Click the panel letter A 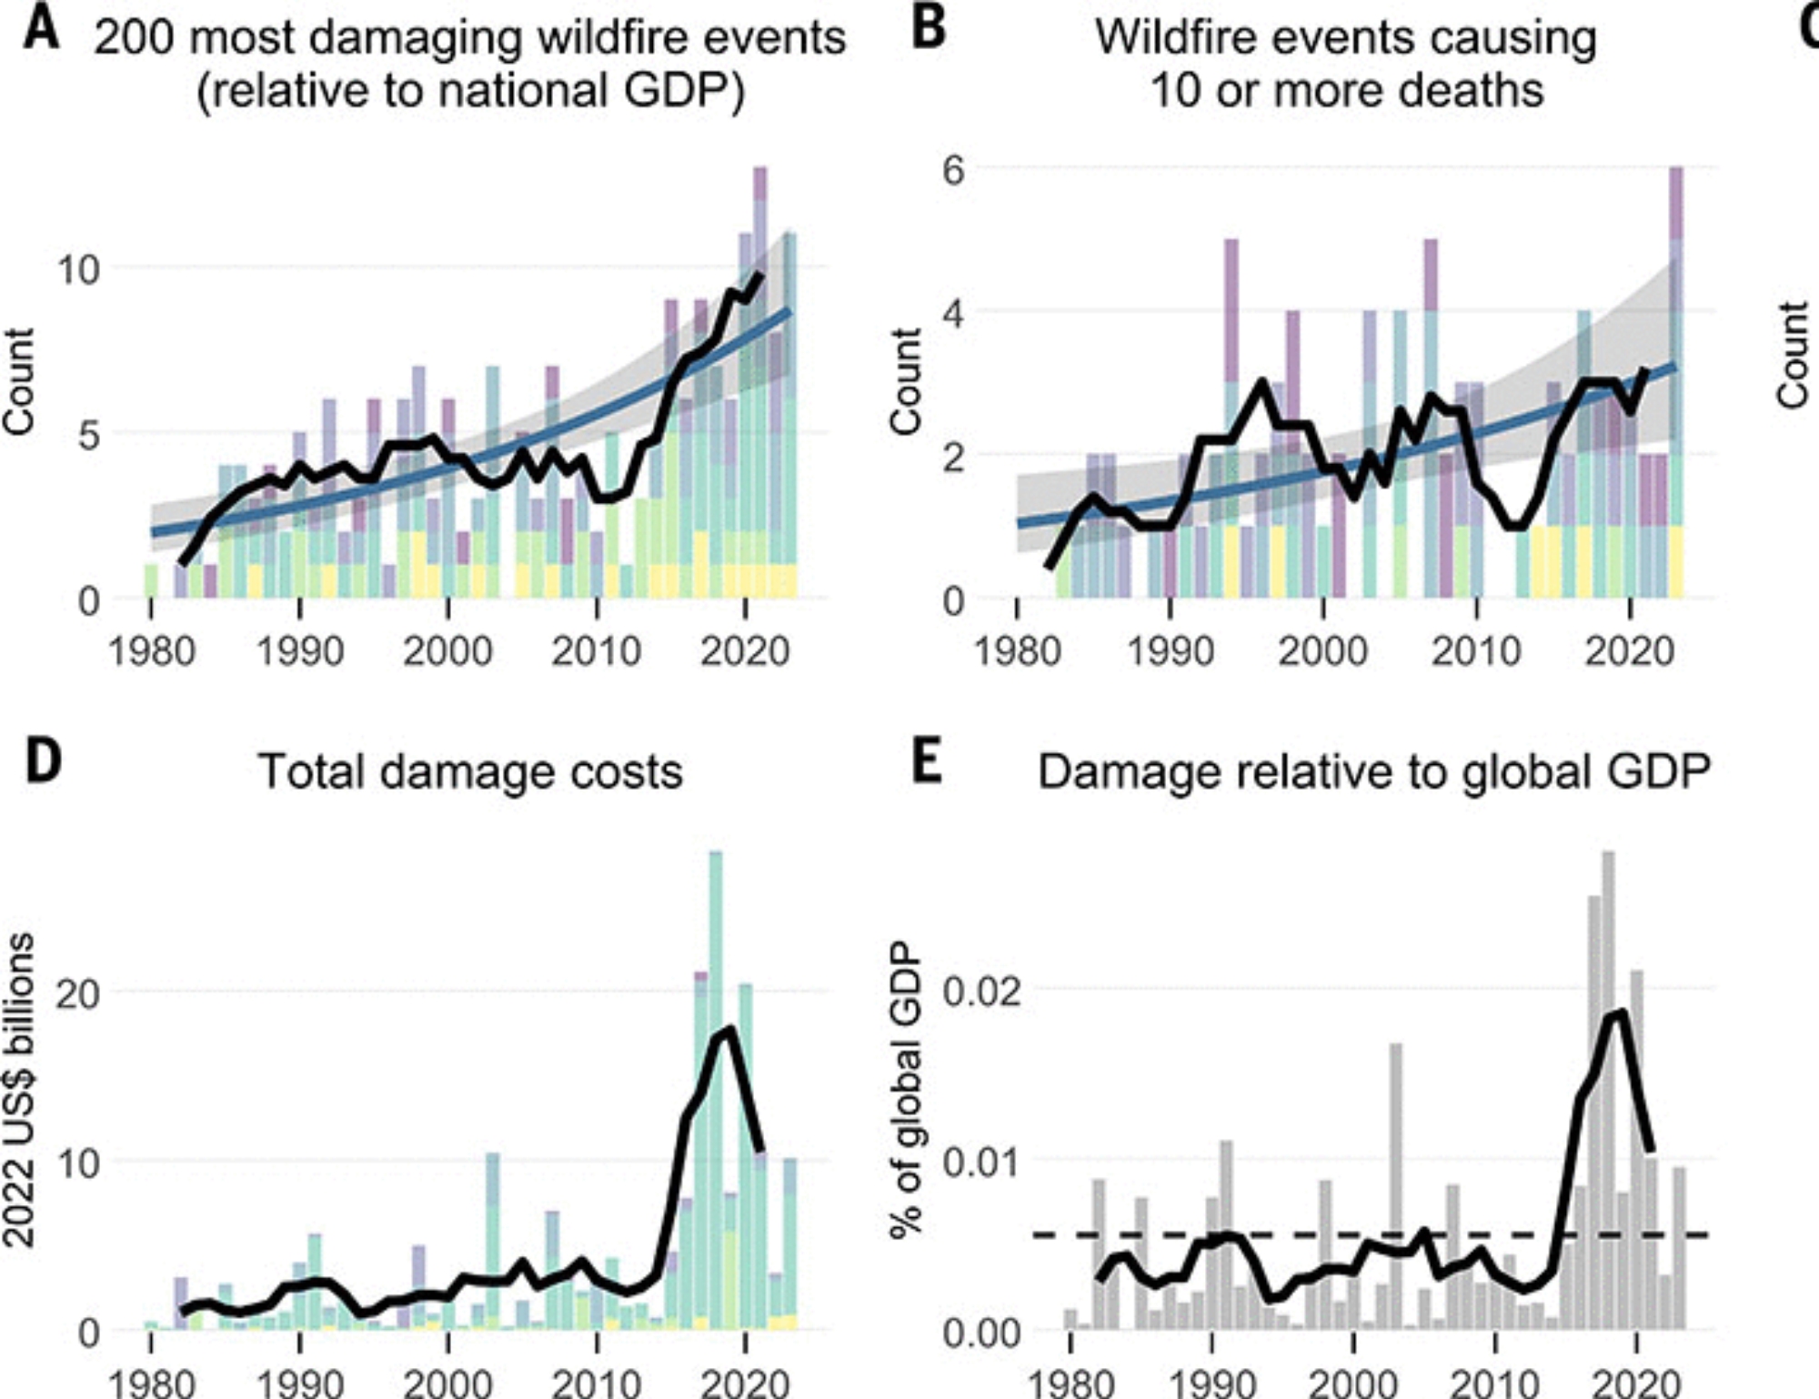41,29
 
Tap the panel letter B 928,29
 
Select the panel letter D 43,762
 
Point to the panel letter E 926,762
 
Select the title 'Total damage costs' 470,772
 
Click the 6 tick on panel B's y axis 953,169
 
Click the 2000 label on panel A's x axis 447,652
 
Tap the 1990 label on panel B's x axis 1170,652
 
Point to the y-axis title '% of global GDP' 906,1089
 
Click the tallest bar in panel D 716,1092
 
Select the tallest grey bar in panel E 1608,1092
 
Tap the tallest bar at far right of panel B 1676,382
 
